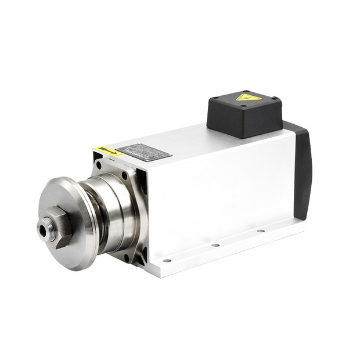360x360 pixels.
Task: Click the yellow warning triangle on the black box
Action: coord(248,97)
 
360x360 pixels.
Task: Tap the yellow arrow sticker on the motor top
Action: coord(109,151)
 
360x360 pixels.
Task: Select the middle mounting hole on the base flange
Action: coord(216,245)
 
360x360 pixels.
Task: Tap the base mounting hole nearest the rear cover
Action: coord(259,231)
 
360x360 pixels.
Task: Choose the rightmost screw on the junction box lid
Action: coord(276,100)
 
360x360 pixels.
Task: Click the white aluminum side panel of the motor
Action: coord(221,186)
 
